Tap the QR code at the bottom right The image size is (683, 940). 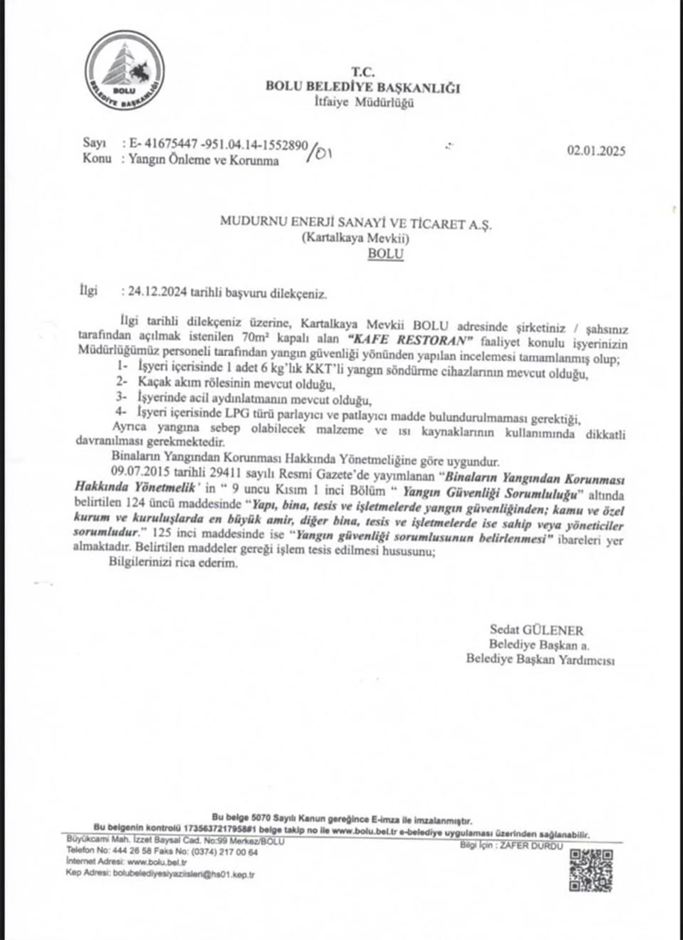591,870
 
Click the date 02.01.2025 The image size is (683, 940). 597,153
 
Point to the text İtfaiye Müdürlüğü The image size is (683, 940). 364,103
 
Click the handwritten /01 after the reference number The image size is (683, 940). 324,153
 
